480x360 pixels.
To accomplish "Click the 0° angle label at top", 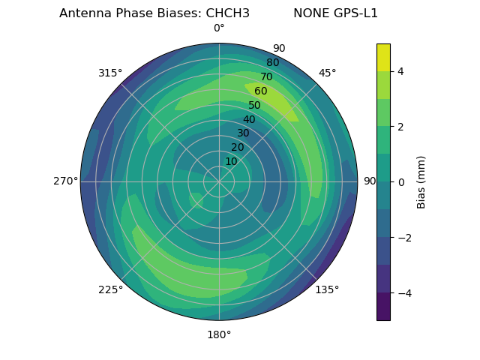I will click(219, 28).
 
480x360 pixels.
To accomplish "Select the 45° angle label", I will click(327, 73).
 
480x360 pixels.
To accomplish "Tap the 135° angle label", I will click(327, 289).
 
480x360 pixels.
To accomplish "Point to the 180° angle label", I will click(219, 334).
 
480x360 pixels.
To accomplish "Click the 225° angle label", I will click(110, 289).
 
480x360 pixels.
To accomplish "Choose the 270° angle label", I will click(65, 181).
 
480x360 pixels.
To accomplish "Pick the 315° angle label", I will click(110, 73).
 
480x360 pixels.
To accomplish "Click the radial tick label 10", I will click(231, 161).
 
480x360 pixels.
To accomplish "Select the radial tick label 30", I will click(243, 133).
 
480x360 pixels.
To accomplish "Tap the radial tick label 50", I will click(255, 106).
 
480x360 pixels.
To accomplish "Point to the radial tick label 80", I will click(272, 63).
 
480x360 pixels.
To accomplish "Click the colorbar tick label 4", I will click(400, 71).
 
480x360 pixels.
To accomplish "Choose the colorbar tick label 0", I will click(400, 182).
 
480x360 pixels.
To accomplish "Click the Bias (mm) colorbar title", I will click(421, 182).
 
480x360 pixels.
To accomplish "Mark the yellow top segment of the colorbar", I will click(383, 57).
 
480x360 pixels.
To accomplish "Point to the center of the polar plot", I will click(219, 181).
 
